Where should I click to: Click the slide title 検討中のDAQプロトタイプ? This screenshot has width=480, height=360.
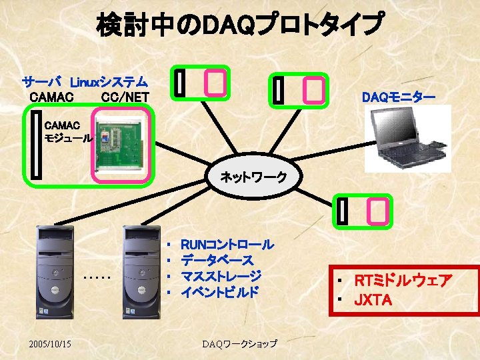pos(240,25)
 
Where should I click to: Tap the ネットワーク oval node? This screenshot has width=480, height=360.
pos(253,177)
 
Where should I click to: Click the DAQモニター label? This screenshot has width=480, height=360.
pos(399,98)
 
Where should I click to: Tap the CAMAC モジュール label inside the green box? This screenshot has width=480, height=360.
pos(63,131)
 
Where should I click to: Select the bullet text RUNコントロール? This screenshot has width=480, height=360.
pos(227,245)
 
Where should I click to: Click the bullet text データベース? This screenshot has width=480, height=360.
pos(217,260)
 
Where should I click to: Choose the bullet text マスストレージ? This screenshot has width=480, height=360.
pos(221,276)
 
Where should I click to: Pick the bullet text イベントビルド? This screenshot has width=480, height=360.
pos(219,291)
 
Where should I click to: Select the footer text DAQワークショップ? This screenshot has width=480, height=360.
pos(239,343)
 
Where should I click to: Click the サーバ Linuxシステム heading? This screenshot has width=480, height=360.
pos(85,83)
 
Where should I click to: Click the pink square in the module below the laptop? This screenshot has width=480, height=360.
pos(378,211)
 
